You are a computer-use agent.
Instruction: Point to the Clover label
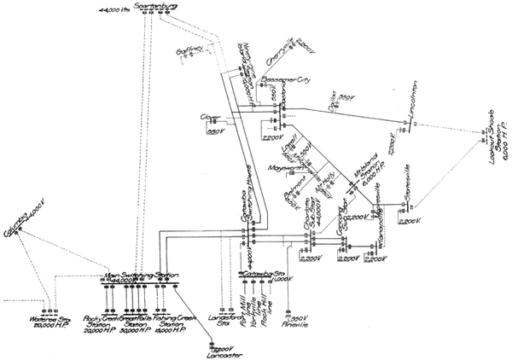[210, 117]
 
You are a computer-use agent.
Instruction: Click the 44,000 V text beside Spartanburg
[110, 10]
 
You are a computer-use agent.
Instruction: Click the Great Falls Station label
[134, 326]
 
